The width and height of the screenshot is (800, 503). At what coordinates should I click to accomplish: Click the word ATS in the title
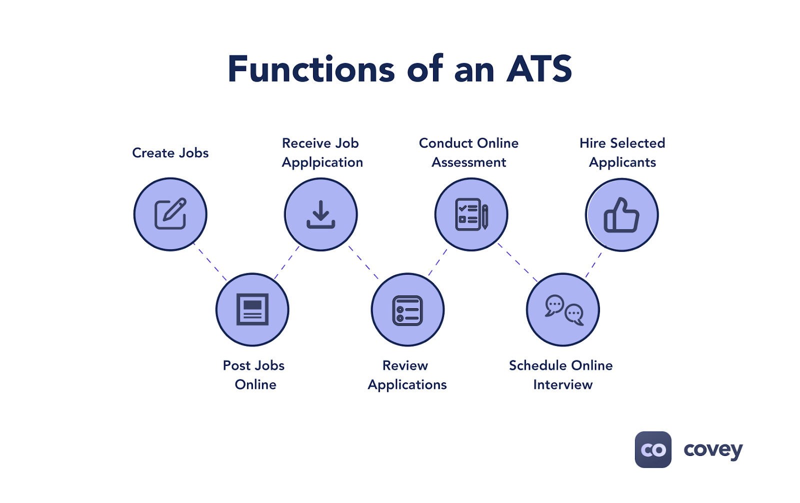click(539, 69)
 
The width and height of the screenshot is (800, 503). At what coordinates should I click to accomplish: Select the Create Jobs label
click(170, 153)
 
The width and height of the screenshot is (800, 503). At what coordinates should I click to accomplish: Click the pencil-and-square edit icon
click(170, 214)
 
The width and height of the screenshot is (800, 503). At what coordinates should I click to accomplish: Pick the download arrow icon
click(321, 214)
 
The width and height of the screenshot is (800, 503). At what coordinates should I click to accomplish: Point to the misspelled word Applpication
click(322, 163)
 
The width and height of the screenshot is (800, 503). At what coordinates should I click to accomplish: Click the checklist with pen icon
click(471, 215)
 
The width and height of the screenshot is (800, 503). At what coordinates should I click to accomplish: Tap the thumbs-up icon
click(621, 215)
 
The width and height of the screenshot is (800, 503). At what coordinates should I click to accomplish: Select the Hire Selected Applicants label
click(622, 153)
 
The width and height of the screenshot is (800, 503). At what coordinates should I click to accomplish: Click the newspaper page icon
click(252, 309)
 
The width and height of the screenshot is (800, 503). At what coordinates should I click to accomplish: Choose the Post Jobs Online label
click(254, 375)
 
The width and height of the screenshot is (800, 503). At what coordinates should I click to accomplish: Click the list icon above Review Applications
click(407, 310)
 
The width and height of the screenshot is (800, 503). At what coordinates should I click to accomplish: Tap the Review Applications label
click(407, 375)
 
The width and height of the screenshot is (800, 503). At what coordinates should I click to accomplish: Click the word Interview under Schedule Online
click(563, 385)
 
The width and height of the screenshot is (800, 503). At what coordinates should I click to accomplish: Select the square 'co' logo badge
click(653, 449)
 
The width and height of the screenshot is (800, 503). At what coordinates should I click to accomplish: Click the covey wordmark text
click(713, 450)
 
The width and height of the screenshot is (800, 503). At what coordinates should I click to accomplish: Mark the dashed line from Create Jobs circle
click(210, 262)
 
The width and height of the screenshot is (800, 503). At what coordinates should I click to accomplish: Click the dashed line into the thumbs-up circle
click(593, 265)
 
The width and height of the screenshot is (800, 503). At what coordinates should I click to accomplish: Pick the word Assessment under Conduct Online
click(469, 163)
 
